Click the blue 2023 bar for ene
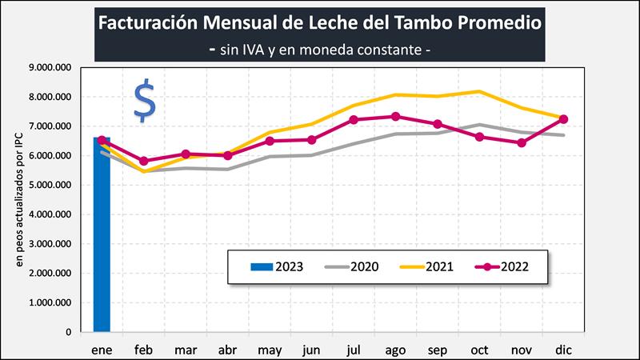pyautogui.click(x=102, y=240)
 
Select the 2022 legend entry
pyautogui.click(x=503, y=266)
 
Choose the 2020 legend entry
pyautogui.click(x=353, y=266)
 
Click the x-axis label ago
pyautogui.click(x=394, y=349)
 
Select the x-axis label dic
pyautogui.click(x=563, y=349)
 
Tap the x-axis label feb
pyautogui.click(x=143, y=349)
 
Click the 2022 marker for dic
pyautogui.click(x=563, y=119)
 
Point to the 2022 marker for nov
pyautogui.click(x=522, y=143)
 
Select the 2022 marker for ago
pyautogui.click(x=395, y=116)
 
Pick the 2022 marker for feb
pyautogui.click(x=143, y=161)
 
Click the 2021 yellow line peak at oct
pyautogui.click(x=479, y=91)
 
